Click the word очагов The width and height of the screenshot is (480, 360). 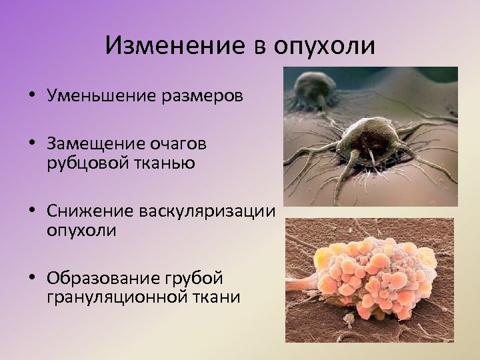pos(183,145)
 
